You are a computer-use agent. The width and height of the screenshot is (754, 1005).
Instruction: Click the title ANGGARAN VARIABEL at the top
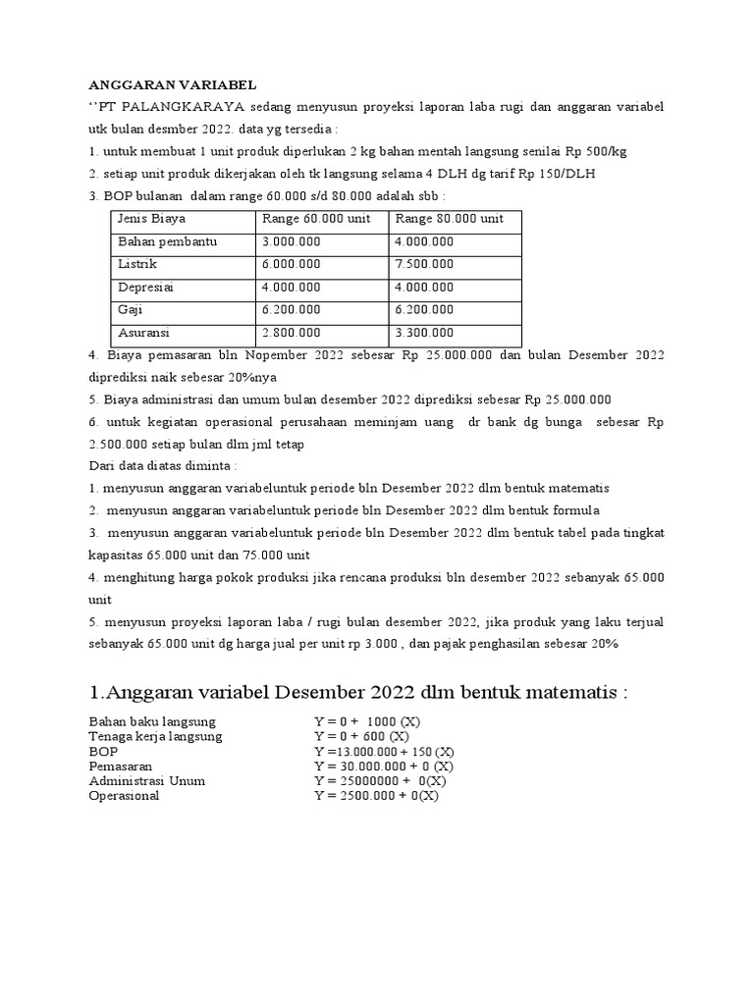pyautogui.click(x=172, y=84)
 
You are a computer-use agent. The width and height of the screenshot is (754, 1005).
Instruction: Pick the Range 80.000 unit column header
pyautogui.click(x=450, y=219)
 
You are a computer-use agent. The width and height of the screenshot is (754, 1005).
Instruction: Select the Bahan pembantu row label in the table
pyautogui.click(x=167, y=241)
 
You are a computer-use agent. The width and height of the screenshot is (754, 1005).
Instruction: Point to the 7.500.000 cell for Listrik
pyautogui.click(x=425, y=264)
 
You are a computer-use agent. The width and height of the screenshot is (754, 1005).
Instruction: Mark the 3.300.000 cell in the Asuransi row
pyautogui.click(x=425, y=333)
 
